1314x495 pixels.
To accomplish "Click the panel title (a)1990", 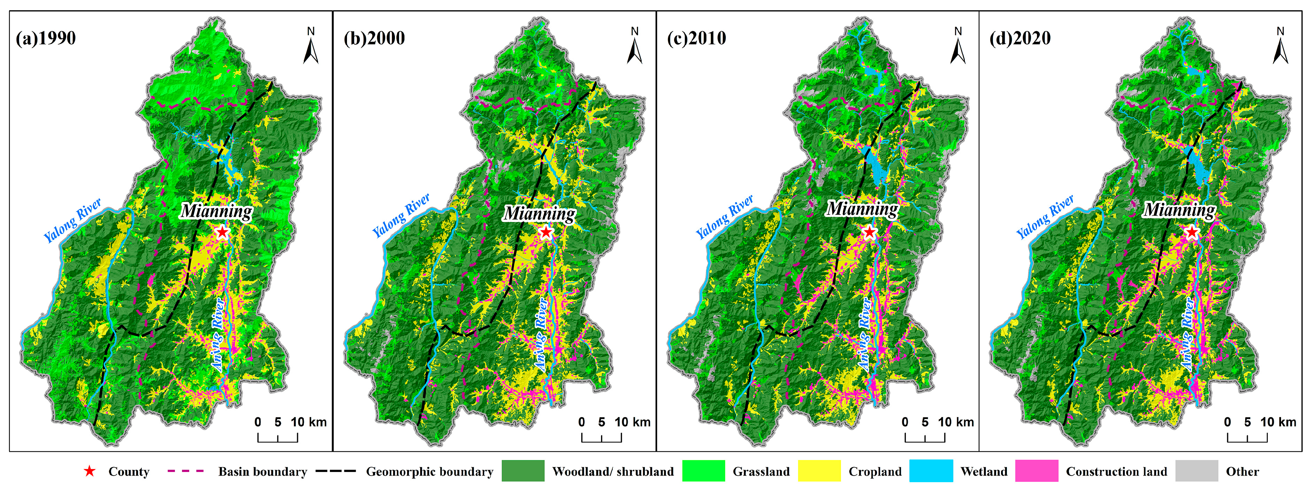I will coord(46,38).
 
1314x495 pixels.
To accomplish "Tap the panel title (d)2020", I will coord(1020,38).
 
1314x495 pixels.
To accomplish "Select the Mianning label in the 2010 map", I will coord(862,209).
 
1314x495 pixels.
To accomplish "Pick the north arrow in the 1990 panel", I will coord(311,47).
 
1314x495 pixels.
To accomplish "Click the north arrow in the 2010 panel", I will coord(957,47).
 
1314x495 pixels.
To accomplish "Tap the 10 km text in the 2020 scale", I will coord(1278,422).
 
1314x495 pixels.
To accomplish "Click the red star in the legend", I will coord(90,471).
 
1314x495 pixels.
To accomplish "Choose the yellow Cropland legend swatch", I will coord(819,471).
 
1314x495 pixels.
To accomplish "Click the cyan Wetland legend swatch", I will coord(932,471).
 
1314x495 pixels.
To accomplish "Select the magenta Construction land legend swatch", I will coord(1037,471).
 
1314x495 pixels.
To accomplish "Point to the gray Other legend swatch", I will coord(1197,471).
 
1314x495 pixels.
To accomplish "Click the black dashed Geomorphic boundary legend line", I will coord(335,471).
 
